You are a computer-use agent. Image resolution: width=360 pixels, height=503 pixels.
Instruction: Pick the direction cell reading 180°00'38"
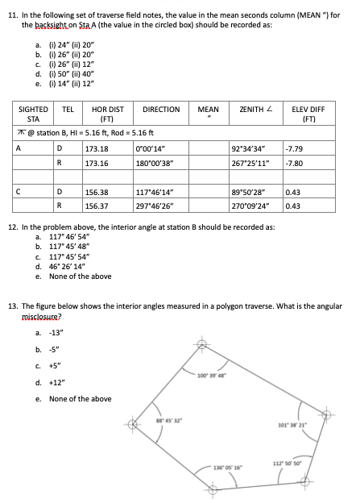point(161,164)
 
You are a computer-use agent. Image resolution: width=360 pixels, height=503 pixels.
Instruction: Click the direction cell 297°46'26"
point(161,206)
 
